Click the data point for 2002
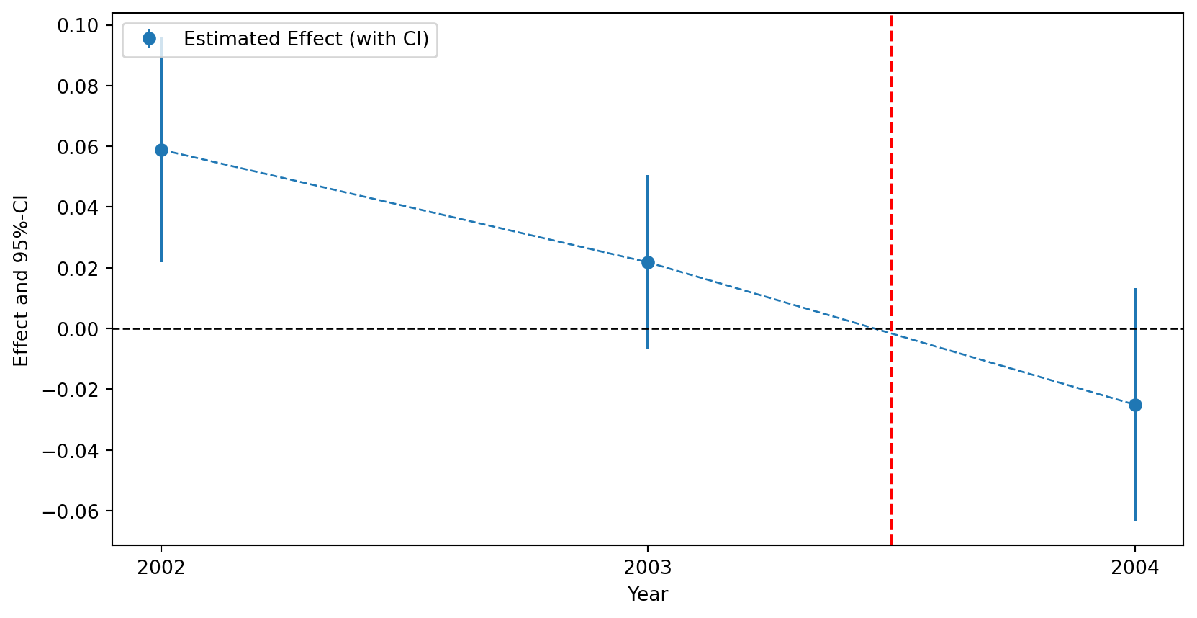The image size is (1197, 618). [161, 150]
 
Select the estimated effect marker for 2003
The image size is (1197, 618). [648, 262]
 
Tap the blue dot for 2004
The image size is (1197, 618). [1135, 405]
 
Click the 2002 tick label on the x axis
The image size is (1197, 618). [161, 568]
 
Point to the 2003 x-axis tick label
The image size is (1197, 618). [648, 568]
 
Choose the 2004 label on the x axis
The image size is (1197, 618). [1135, 568]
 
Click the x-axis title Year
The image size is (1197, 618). [648, 594]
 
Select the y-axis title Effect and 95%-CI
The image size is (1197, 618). [22, 280]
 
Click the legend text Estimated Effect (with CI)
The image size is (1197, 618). [306, 39]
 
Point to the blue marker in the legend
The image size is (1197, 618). [149, 39]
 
